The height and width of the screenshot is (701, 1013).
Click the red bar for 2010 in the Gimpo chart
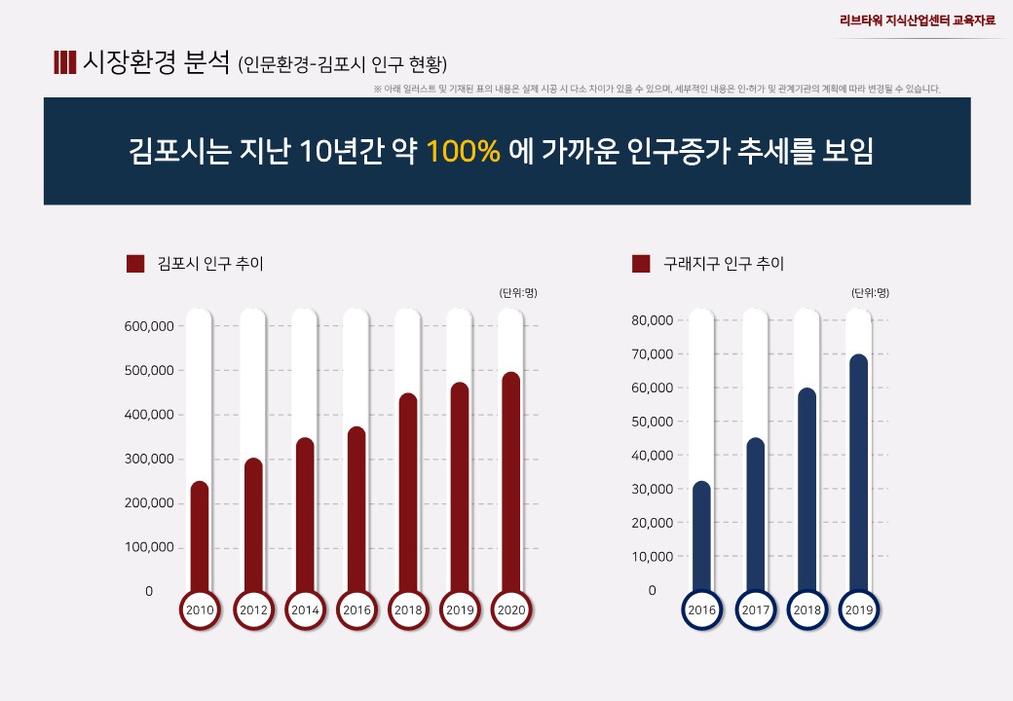(200, 535)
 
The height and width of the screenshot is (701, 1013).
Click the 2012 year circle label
(253, 610)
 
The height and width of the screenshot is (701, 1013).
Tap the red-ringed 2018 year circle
(408, 610)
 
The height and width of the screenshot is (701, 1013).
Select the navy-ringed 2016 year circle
(702, 610)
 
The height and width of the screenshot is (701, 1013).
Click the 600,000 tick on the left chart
(149, 326)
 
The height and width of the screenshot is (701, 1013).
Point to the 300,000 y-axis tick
(149, 459)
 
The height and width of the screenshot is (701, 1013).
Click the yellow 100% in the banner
(463, 152)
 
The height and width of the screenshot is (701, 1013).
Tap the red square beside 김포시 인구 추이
(135, 264)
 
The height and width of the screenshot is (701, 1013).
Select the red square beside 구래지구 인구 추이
(641, 264)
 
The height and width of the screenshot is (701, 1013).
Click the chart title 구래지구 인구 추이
(723, 264)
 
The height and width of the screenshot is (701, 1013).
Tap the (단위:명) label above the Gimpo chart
(517, 292)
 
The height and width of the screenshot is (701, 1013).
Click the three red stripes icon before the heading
(64, 62)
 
